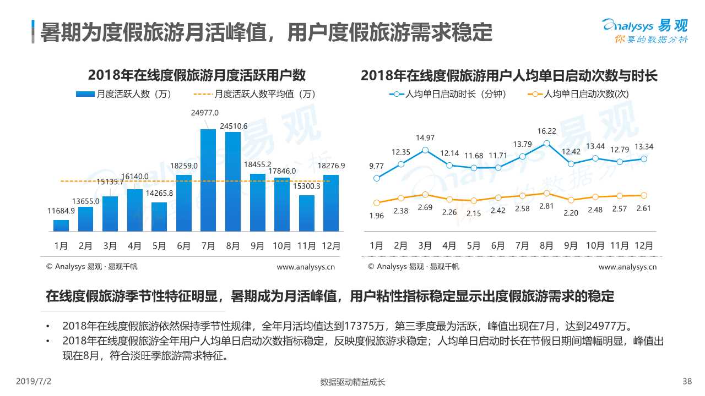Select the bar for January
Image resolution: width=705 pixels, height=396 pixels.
[61, 226]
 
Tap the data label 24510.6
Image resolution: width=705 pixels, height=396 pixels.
[234, 126]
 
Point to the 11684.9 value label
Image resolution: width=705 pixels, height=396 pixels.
[62, 211]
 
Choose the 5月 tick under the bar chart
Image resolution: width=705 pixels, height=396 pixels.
[159, 246]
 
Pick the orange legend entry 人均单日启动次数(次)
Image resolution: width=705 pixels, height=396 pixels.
[578, 94]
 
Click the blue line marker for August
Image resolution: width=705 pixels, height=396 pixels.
[546, 144]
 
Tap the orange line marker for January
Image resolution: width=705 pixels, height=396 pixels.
[377, 203]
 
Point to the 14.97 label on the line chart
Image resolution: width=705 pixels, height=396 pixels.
[425, 138]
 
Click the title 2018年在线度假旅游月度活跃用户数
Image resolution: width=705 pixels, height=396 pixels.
[197, 75]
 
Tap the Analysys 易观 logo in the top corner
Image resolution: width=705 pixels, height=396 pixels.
[644, 30]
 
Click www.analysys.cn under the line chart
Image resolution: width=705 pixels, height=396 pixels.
[627, 267]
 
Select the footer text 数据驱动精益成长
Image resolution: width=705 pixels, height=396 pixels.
[352, 382]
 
